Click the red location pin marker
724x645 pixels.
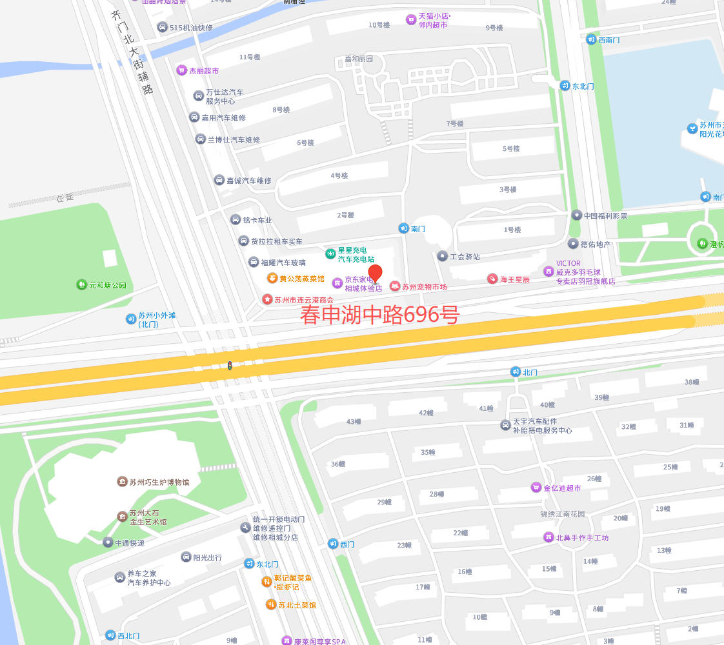point(375,273)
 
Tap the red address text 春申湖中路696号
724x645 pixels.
point(379,315)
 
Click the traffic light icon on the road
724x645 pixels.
point(229,366)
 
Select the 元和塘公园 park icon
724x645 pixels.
point(81,284)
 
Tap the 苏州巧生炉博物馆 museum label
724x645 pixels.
point(159,482)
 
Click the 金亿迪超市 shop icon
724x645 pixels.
point(536,488)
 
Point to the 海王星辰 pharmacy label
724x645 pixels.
point(515,279)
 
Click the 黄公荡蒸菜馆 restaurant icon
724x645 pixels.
point(272,278)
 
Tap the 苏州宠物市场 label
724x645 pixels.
point(425,287)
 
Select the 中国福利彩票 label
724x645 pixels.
point(605,215)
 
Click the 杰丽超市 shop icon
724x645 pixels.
point(182,70)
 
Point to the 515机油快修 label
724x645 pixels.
point(190,28)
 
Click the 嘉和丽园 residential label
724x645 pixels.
point(359,59)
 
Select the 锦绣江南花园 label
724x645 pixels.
point(563,514)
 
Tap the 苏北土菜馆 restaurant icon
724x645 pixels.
point(271,604)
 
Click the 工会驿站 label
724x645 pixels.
point(465,257)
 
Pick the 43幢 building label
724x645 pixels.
point(353,422)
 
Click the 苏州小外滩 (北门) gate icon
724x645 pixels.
point(131,319)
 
